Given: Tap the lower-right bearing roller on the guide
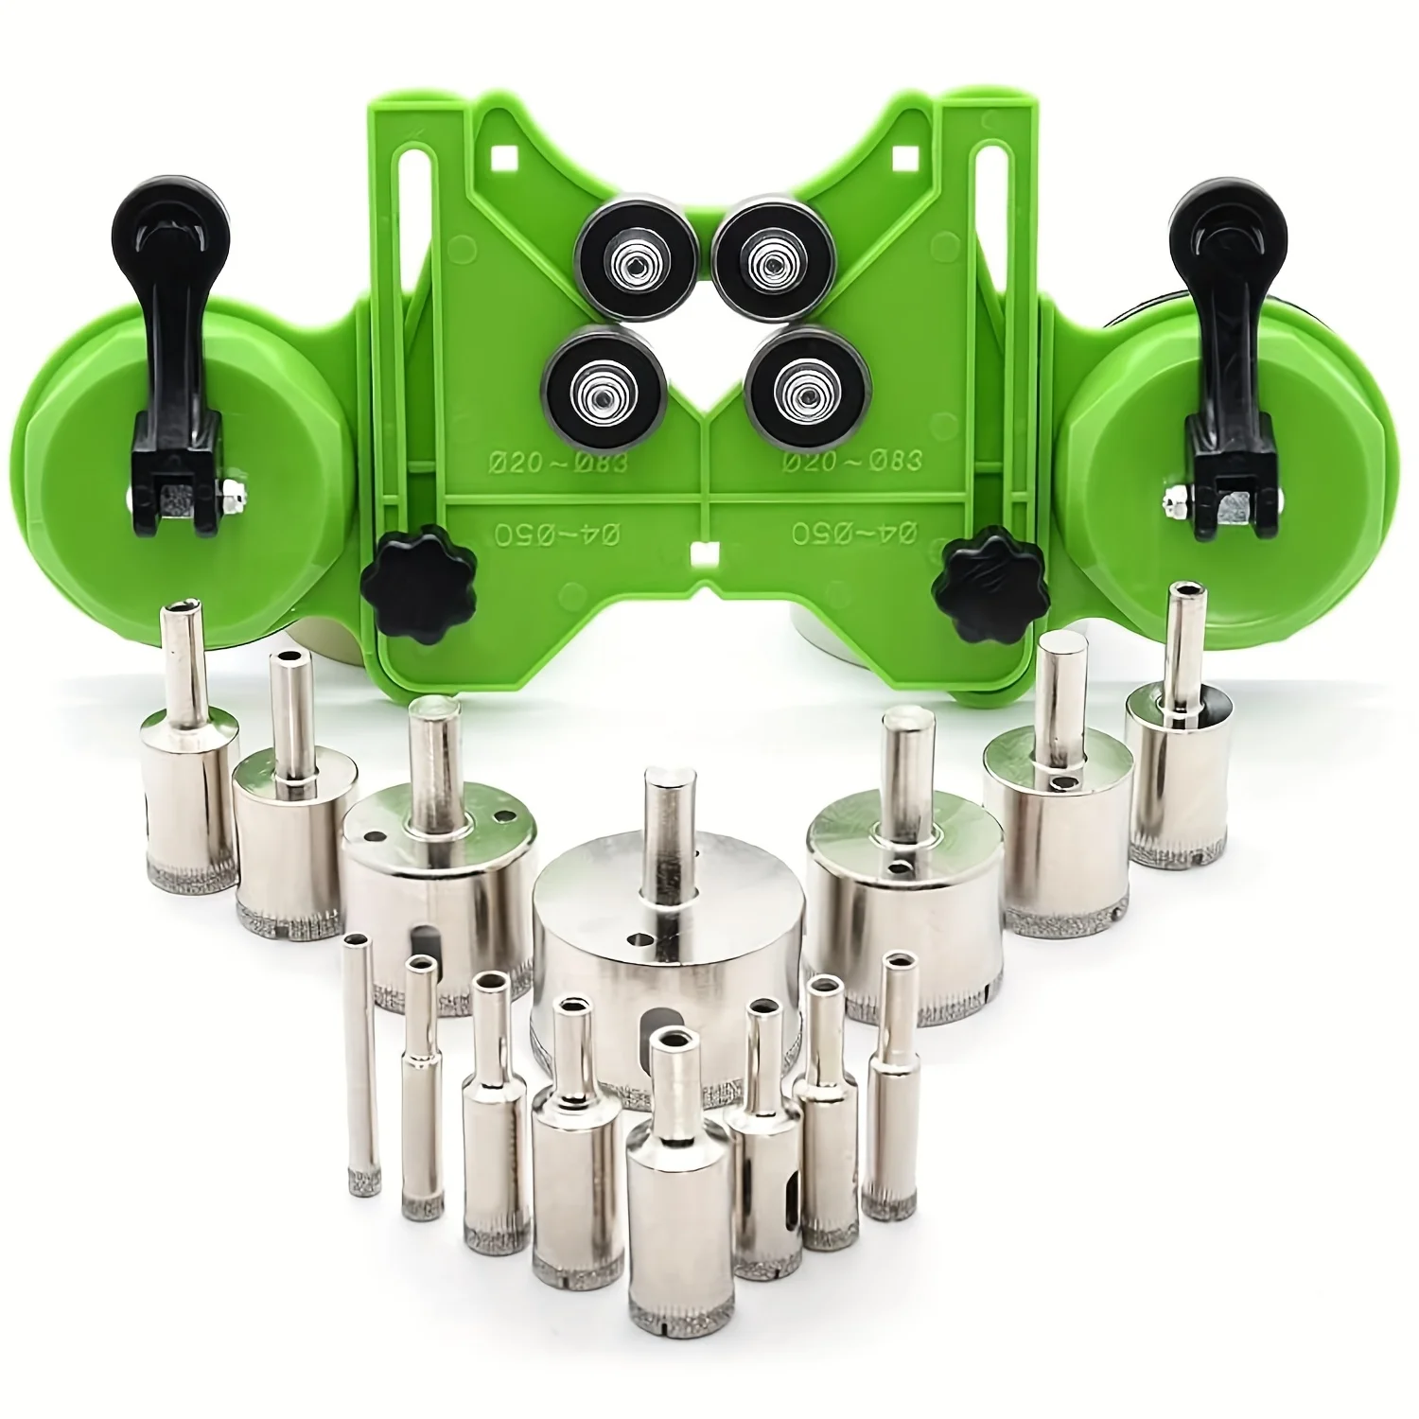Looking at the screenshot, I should (796, 386).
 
